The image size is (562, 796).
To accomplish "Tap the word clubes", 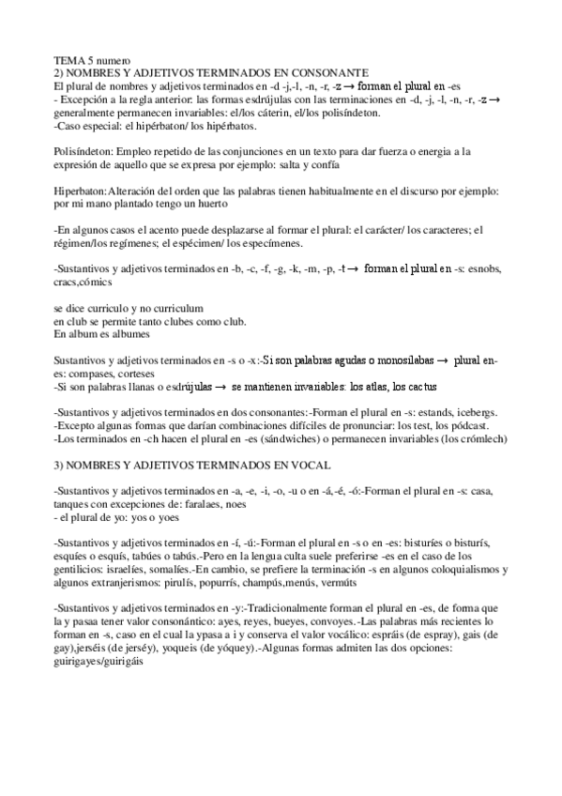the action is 180,321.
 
